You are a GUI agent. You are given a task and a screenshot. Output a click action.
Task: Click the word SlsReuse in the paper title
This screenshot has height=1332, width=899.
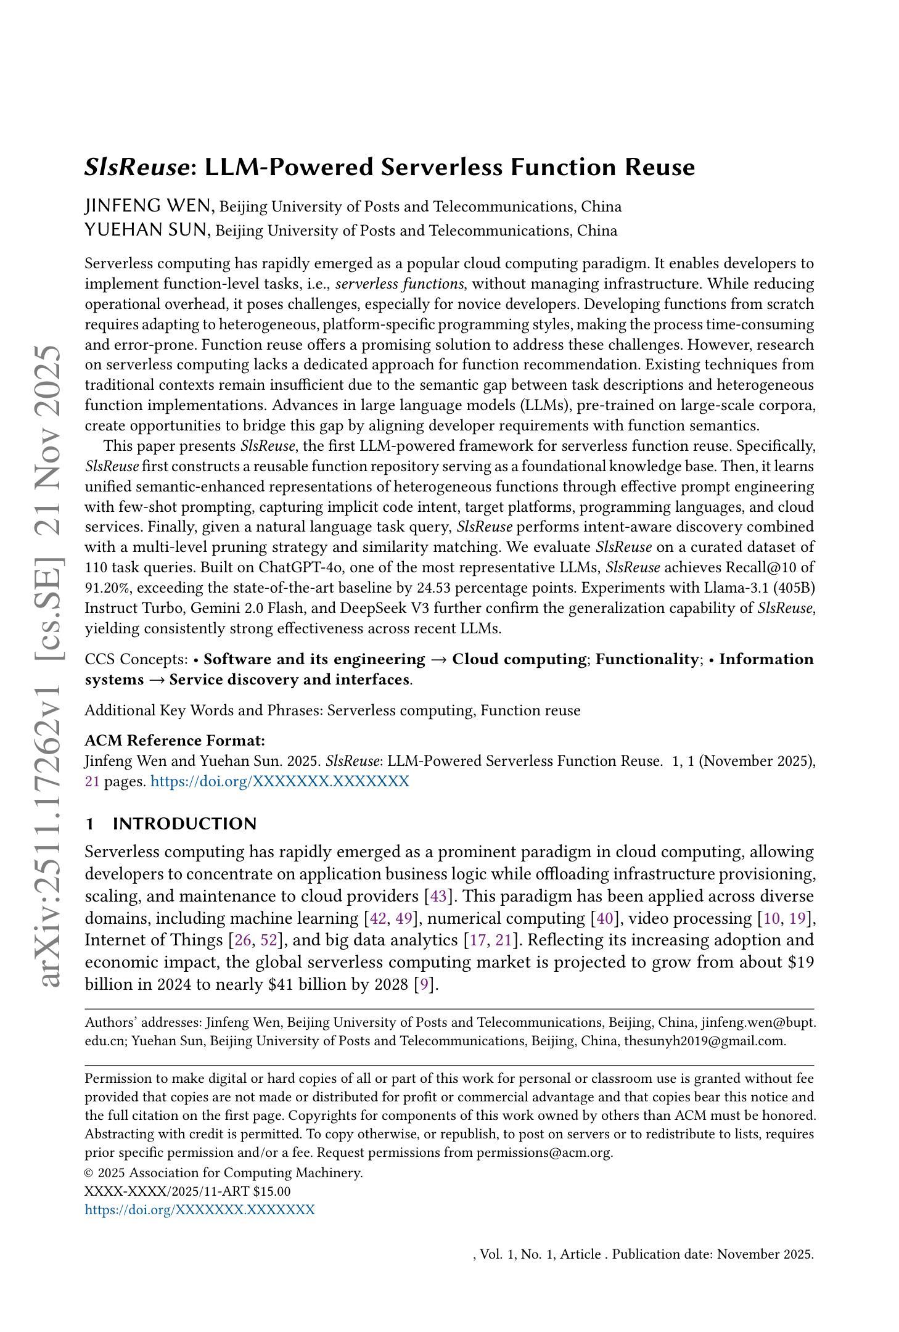(x=136, y=168)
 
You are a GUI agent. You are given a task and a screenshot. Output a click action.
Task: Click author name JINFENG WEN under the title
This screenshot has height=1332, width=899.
(x=149, y=206)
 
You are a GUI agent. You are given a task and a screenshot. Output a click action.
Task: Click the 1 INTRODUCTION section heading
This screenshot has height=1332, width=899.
(x=170, y=824)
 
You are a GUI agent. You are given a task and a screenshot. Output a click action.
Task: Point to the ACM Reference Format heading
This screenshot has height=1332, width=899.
(x=174, y=741)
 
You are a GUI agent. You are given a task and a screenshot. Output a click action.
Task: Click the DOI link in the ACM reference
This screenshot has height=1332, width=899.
(x=279, y=781)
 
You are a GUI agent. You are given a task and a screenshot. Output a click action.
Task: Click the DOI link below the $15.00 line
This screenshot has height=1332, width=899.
(x=199, y=1209)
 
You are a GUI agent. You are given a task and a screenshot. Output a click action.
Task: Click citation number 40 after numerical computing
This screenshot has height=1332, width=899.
(x=604, y=918)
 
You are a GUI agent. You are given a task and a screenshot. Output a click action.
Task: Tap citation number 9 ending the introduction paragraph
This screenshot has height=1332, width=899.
(x=424, y=984)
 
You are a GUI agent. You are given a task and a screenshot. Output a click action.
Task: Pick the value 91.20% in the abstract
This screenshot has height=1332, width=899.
(x=105, y=588)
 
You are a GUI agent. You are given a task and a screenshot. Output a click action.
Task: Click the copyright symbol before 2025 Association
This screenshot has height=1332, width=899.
(x=89, y=1173)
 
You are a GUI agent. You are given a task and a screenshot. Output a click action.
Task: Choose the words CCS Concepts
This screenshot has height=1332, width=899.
(x=135, y=659)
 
